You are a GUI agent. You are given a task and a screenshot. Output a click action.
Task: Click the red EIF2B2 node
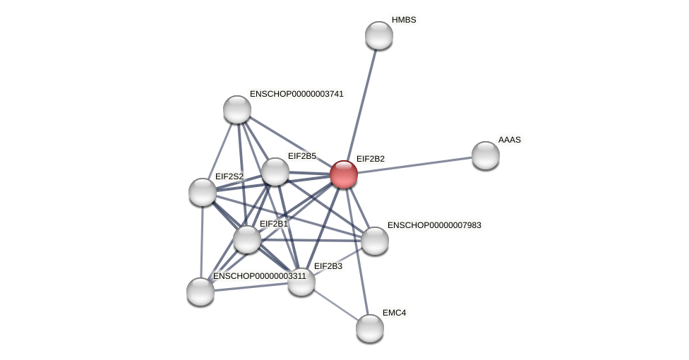[x=344, y=174]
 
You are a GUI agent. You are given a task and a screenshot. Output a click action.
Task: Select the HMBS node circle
[x=379, y=35]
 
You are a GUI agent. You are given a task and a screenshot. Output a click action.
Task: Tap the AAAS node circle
[x=486, y=155]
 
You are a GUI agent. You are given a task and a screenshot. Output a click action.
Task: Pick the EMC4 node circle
[x=370, y=328]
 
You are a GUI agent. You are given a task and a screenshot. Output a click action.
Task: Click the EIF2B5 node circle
[x=275, y=172]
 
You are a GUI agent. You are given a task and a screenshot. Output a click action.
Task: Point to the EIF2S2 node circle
[x=203, y=192]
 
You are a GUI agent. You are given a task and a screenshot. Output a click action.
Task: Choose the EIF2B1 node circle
[x=247, y=239]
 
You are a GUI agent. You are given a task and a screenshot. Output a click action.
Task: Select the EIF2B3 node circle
[x=301, y=282]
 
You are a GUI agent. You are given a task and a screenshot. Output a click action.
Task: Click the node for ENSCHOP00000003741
[x=237, y=109]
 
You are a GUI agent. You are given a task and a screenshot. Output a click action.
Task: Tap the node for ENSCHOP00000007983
[x=375, y=241]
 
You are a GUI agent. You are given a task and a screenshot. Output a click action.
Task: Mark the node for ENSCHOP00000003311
[x=200, y=291]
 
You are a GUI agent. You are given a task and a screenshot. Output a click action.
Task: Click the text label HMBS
[x=404, y=20]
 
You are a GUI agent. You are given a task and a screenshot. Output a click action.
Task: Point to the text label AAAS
[x=509, y=140]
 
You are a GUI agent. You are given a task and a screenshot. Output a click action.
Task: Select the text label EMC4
[x=394, y=312]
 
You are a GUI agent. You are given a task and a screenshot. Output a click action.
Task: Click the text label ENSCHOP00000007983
[x=434, y=225]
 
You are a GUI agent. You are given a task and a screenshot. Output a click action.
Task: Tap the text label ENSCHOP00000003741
[x=296, y=94]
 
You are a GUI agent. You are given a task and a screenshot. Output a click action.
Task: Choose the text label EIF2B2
[x=370, y=159]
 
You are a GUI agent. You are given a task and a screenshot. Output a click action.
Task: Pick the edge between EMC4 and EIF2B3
[x=335, y=304]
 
